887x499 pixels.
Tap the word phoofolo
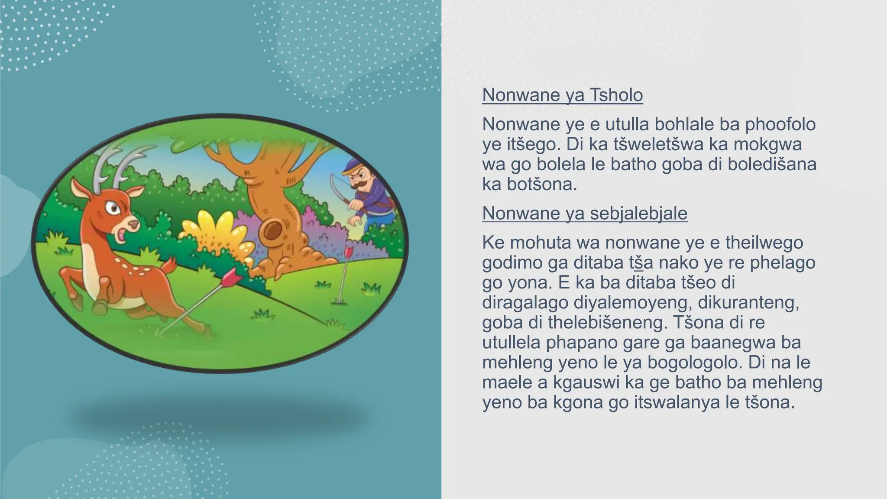[x=780, y=124]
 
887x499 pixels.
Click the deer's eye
[x=114, y=209]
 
